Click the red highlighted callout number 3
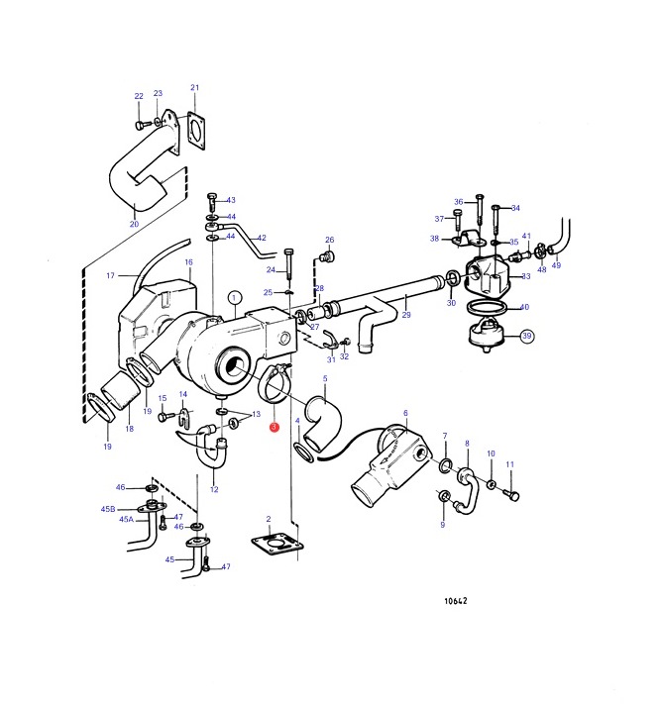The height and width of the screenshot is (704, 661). (x=275, y=427)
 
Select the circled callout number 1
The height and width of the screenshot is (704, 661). (x=234, y=298)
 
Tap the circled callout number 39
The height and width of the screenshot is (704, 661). (x=526, y=336)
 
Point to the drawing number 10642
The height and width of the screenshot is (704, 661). (x=456, y=601)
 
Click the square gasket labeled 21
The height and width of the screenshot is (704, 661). (x=196, y=130)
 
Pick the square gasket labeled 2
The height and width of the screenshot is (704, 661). (x=276, y=544)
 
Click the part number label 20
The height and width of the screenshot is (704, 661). (x=135, y=224)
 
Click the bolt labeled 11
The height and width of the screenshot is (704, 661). (x=511, y=494)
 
